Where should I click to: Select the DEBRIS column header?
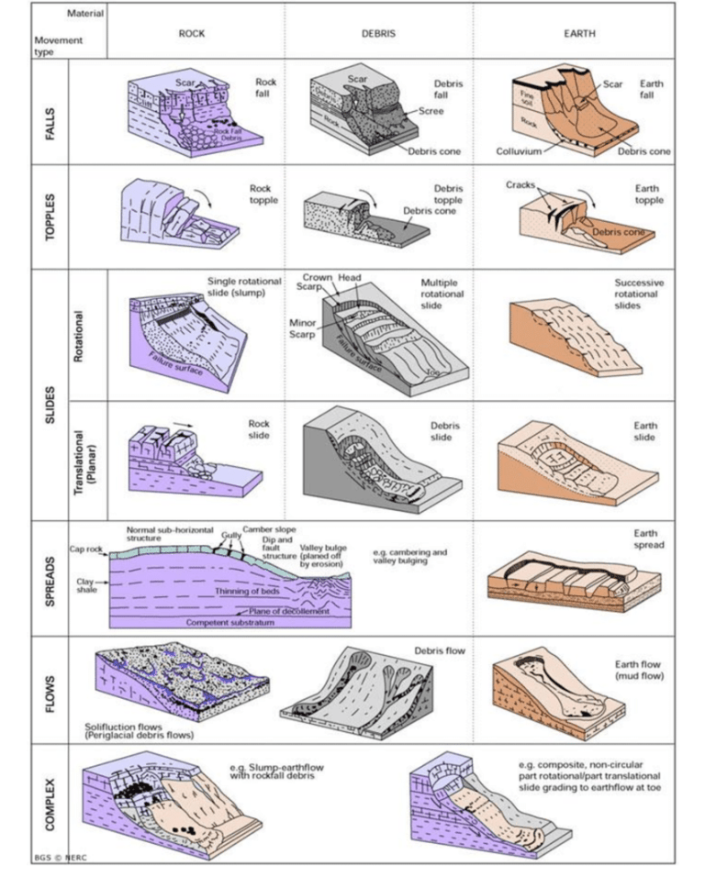tap(377, 33)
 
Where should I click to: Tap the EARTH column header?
tap(579, 33)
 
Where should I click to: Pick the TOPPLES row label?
tap(50, 216)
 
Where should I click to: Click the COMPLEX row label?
tap(50, 803)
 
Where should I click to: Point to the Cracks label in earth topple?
tap(520, 184)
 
